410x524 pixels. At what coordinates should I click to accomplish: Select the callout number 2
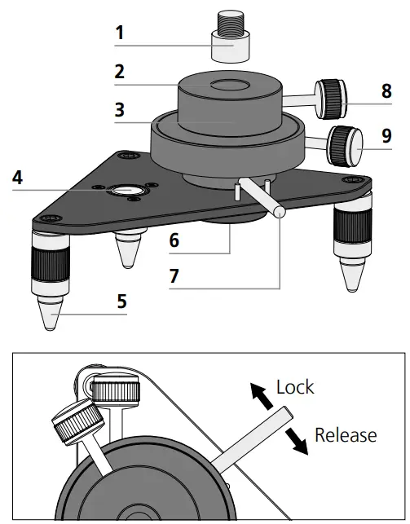coord(120,72)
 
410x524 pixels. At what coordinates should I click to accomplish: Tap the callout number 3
coord(120,108)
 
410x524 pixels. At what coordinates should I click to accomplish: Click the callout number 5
coord(121,301)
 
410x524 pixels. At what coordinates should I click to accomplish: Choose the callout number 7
coord(174,275)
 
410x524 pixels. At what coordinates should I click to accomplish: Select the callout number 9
coord(386,134)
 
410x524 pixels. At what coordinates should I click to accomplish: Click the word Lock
coord(296,386)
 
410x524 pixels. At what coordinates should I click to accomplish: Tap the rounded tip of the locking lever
coord(280,211)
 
